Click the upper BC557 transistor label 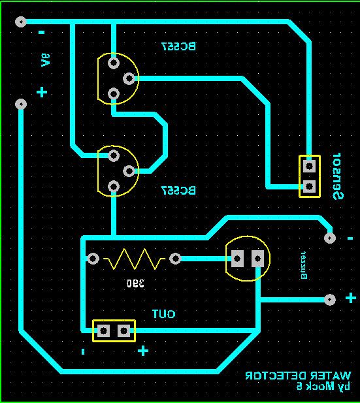tap(178, 46)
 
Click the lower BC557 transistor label tap(178, 191)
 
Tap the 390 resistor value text tap(135, 283)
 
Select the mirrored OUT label tap(163, 314)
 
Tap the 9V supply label tap(45, 60)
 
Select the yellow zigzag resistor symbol tap(134, 259)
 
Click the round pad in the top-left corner tap(20, 22)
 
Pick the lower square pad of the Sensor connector tap(310, 186)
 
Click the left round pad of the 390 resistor tap(93, 259)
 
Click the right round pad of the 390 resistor tap(175, 259)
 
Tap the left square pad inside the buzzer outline tap(238, 259)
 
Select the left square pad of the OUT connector tap(103, 330)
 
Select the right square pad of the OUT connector tap(123, 330)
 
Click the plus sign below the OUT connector tap(143, 351)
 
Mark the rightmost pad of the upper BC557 tap(129, 78)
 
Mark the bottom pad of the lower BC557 tap(114, 187)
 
